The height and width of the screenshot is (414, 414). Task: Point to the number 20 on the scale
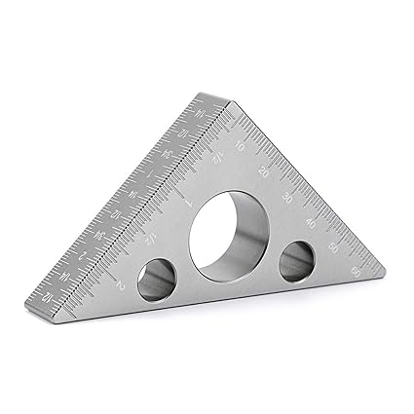point(264,171)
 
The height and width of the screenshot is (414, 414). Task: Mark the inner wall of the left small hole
point(162,282)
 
